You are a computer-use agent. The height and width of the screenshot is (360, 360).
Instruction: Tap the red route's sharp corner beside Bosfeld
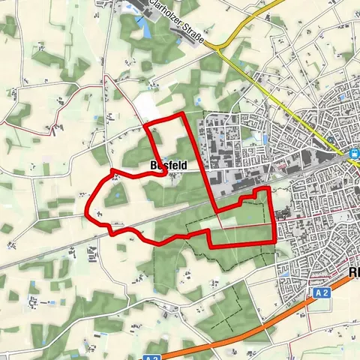(166, 173)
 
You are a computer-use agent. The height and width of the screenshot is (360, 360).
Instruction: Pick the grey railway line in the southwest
(45, 255)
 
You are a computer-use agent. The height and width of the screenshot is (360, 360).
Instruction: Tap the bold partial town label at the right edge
(353, 273)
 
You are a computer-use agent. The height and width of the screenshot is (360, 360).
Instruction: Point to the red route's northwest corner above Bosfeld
(145, 123)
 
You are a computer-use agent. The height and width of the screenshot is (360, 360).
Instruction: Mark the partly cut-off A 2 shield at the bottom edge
(152, 356)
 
